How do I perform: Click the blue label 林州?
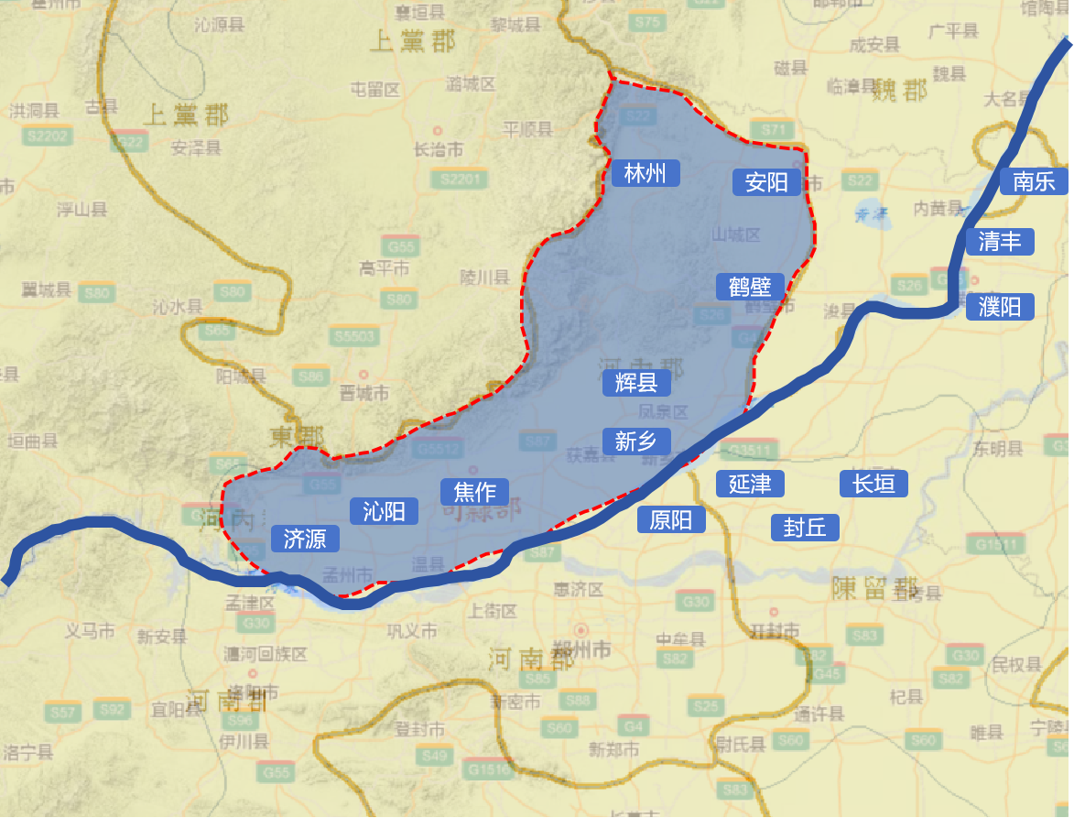click(645, 173)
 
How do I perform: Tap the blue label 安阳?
click(766, 182)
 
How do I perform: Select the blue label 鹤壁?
click(750, 287)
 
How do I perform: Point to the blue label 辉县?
click(636, 383)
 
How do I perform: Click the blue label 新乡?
click(636, 442)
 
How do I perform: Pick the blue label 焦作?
click(474, 492)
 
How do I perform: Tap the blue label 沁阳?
click(384, 511)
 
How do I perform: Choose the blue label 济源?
click(305, 539)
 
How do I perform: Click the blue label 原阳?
click(671, 520)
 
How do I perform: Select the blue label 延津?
click(750, 484)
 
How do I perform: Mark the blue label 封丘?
click(805, 527)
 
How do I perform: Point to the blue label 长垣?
click(873, 483)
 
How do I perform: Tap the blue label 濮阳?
click(1000, 306)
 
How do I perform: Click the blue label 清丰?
click(1000, 242)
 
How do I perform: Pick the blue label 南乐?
click(1034, 180)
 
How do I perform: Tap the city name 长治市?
click(439, 149)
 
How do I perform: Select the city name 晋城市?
click(364, 394)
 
